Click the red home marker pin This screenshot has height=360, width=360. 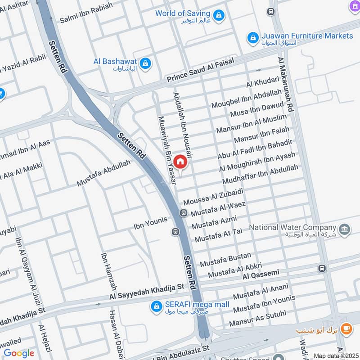[180, 161]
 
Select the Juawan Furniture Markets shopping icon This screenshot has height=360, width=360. [253, 36]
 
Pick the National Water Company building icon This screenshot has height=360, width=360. [345, 229]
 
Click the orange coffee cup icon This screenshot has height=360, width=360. [346, 328]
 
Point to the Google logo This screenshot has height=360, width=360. [19, 353]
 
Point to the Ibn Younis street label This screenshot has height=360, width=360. [150, 220]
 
